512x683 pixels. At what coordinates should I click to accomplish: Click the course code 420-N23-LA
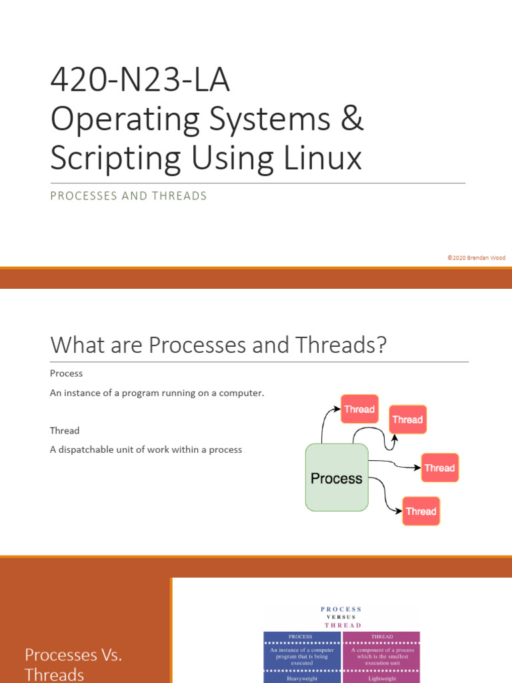(x=140, y=81)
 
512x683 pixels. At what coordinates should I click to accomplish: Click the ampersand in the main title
(x=351, y=119)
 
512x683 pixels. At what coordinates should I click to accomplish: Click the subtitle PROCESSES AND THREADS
(x=129, y=196)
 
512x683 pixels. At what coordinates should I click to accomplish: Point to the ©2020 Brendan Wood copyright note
(x=477, y=257)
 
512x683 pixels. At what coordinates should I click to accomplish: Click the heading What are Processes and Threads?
(x=219, y=345)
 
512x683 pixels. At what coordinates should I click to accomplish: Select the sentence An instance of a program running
(x=157, y=393)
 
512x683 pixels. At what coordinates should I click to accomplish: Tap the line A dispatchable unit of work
(x=145, y=450)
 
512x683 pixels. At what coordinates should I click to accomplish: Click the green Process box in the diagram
(x=337, y=478)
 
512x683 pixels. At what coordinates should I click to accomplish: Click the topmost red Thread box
(x=359, y=409)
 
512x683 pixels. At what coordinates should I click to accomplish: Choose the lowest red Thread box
(x=421, y=511)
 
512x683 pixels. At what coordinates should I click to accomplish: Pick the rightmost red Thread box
(x=439, y=468)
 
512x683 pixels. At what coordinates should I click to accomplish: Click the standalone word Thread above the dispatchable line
(x=65, y=430)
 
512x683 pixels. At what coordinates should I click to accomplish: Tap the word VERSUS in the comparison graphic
(x=341, y=617)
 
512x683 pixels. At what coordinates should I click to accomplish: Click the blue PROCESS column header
(x=302, y=636)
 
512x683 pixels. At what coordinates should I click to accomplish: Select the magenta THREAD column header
(x=382, y=636)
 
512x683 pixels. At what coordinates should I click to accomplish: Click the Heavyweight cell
(x=302, y=678)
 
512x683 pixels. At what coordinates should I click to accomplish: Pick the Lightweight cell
(x=382, y=678)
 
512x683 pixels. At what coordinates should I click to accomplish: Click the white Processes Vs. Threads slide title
(x=73, y=664)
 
